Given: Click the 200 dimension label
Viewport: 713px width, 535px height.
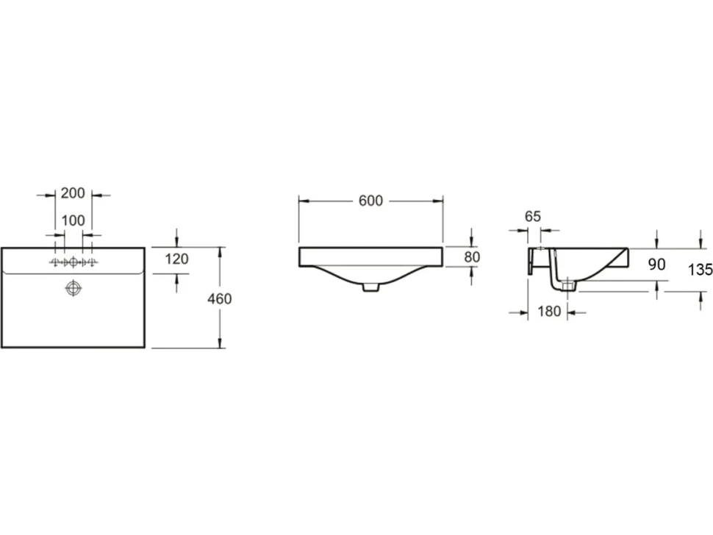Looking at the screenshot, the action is [73, 193].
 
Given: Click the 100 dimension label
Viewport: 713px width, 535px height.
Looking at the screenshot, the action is [74, 220].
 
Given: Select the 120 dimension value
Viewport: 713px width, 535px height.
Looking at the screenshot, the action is [176, 259].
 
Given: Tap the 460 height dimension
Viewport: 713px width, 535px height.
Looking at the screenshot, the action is [220, 298].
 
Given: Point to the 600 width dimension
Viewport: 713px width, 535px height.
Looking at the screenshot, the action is [370, 201].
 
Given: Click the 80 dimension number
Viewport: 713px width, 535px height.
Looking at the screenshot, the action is [472, 257].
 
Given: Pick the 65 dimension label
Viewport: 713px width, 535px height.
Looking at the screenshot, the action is [533, 216].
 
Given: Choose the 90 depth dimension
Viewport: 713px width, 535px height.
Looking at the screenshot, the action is [656, 264].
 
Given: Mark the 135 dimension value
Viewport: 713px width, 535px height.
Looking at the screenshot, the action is [701, 270].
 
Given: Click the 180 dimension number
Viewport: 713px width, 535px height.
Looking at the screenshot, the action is [549, 312].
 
